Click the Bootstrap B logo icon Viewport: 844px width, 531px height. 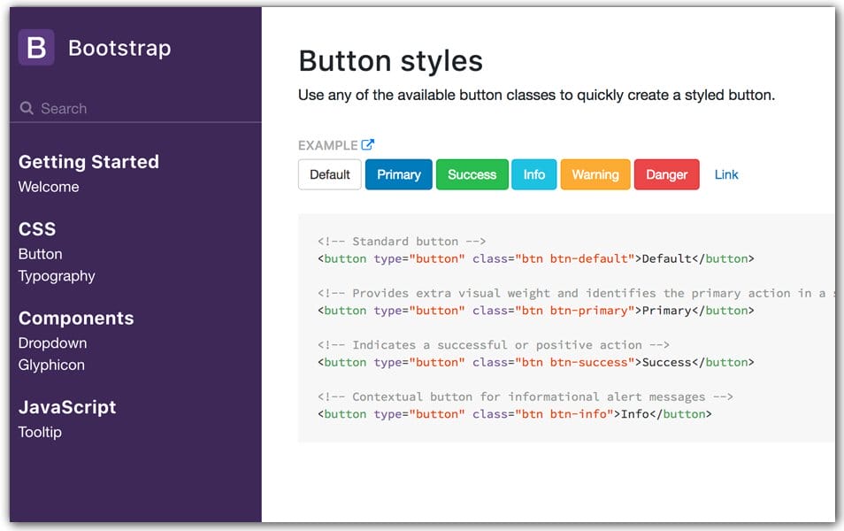(x=36, y=48)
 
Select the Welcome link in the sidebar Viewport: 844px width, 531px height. (x=49, y=187)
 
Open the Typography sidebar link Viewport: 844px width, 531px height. (x=57, y=276)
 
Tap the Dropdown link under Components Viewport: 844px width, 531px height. (x=52, y=342)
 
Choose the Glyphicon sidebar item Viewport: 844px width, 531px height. (x=51, y=365)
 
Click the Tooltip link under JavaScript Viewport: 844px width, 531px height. (x=40, y=432)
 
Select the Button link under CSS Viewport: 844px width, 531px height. (x=40, y=254)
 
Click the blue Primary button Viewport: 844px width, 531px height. (x=398, y=174)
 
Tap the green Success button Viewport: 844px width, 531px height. (x=472, y=174)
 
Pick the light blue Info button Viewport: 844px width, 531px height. (x=533, y=174)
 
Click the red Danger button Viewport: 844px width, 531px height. (x=666, y=174)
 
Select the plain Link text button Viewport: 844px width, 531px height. (x=726, y=174)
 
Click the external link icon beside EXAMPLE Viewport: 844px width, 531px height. (x=368, y=145)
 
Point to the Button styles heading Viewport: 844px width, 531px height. (x=390, y=60)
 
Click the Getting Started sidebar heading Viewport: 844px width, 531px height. (x=88, y=162)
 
